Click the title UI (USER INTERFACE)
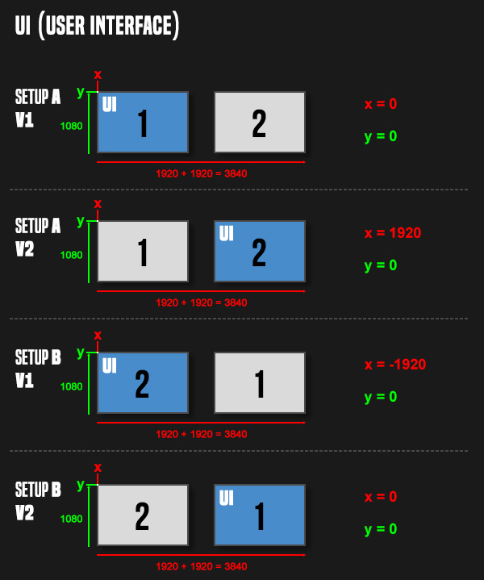pyautogui.click(x=97, y=26)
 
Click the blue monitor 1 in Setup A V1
pyautogui.click(x=143, y=122)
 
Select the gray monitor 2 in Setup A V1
pyautogui.click(x=260, y=122)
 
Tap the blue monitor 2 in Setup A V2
pyautogui.click(x=260, y=251)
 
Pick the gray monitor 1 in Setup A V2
pyautogui.click(x=143, y=251)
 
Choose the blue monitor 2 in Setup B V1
pyautogui.click(x=143, y=382)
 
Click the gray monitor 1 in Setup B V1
pyautogui.click(x=260, y=382)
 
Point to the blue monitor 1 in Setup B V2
pyautogui.click(x=260, y=515)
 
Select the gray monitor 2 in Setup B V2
pyautogui.click(x=143, y=515)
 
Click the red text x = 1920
pyautogui.click(x=393, y=233)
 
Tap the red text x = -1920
pyautogui.click(x=395, y=365)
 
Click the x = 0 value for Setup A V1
pyautogui.click(x=381, y=104)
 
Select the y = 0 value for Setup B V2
pyautogui.click(x=381, y=529)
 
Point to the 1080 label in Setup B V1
pyautogui.click(x=72, y=386)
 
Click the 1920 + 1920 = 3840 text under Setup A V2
pyautogui.click(x=202, y=303)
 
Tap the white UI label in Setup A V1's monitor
pyautogui.click(x=110, y=104)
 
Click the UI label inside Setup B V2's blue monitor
pyautogui.click(x=227, y=498)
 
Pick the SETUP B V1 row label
pyautogui.click(x=38, y=369)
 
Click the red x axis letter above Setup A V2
pyautogui.click(x=98, y=204)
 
